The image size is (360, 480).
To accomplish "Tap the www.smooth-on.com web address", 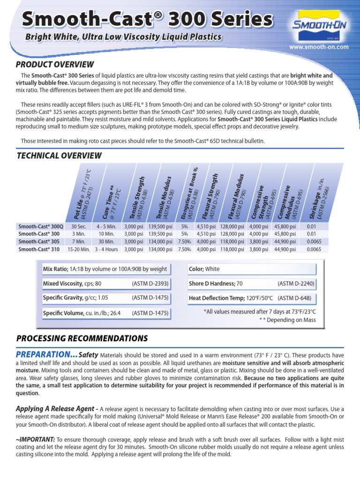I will [319, 47].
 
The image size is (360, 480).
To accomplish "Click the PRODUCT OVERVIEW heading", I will [55, 64].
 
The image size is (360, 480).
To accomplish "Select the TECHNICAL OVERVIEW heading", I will [59, 155].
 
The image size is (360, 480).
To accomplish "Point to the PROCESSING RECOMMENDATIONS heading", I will [82, 338].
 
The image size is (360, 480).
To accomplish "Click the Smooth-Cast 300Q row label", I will [39, 226].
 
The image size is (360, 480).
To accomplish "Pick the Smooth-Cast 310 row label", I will [39, 249].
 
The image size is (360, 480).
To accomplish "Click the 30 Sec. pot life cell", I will [78, 226].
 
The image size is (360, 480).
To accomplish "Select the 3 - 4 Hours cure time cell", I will [106, 249].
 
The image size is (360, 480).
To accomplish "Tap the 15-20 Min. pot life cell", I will [78, 249].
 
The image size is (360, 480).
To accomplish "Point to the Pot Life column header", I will [80, 195].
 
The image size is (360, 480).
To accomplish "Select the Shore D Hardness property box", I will [251, 284].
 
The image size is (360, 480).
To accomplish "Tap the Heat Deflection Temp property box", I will [251, 298].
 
